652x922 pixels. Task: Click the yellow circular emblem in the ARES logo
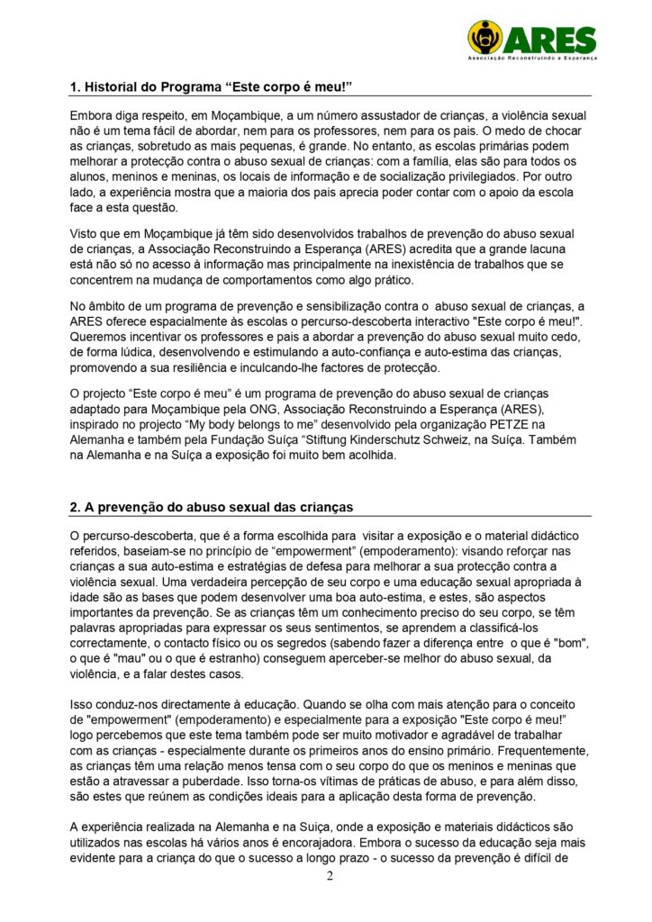coord(485,37)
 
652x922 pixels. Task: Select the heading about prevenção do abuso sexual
coord(212,507)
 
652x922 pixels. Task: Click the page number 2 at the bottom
coord(330,877)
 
